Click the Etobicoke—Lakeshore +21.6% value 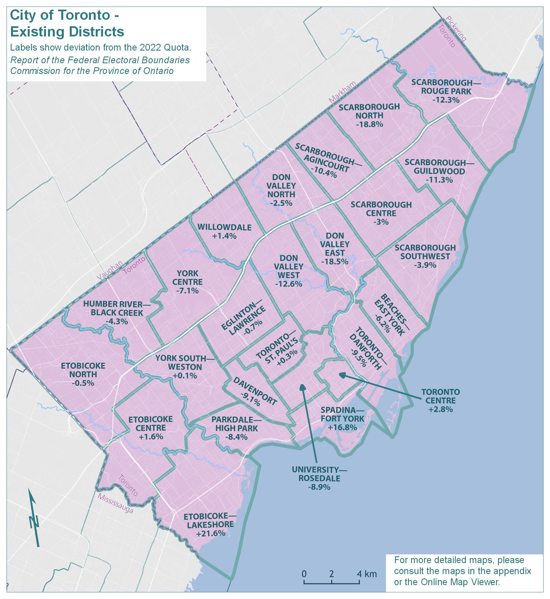[x=210, y=533]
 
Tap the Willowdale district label [x=224, y=227]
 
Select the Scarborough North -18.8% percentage [x=369, y=124]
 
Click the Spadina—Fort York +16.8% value [x=342, y=427]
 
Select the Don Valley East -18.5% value [x=335, y=262]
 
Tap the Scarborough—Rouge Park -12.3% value [x=446, y=100]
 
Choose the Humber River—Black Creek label [x=117, y=308]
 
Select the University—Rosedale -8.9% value [x=319, y=487]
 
